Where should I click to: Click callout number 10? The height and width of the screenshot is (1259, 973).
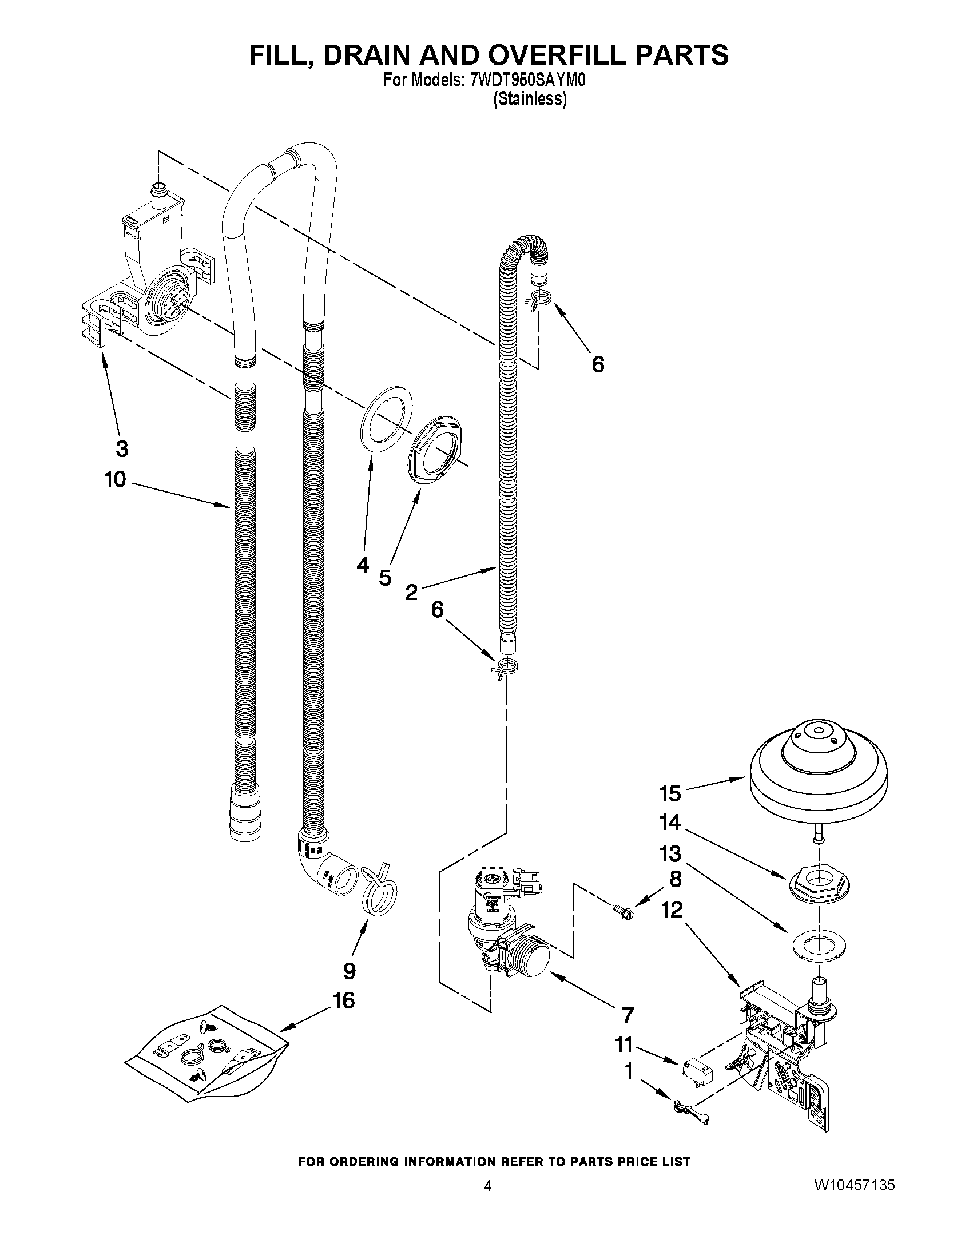pos(116,478)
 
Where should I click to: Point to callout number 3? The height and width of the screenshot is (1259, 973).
pos(121,448)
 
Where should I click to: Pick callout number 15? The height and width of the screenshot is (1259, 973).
pos(670,793)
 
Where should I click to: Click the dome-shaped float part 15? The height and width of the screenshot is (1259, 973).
pos(818,771)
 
